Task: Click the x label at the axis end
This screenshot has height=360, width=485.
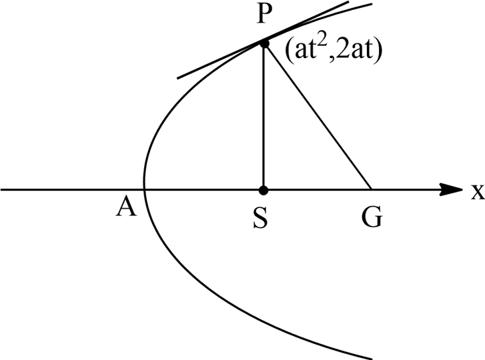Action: (476, 193)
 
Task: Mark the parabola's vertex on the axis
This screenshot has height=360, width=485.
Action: (143, 190)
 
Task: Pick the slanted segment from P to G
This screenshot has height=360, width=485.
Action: (318, 117)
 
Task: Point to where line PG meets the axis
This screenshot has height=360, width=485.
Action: (371, 190)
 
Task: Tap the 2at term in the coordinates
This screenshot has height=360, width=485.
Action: (350, 53)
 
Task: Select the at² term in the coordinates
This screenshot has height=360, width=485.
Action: (299, 53)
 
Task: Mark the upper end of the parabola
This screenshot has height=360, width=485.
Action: (372, 5)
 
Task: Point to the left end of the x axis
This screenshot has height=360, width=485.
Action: (2, 190)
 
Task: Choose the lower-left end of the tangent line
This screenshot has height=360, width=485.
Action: (177, 77)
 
